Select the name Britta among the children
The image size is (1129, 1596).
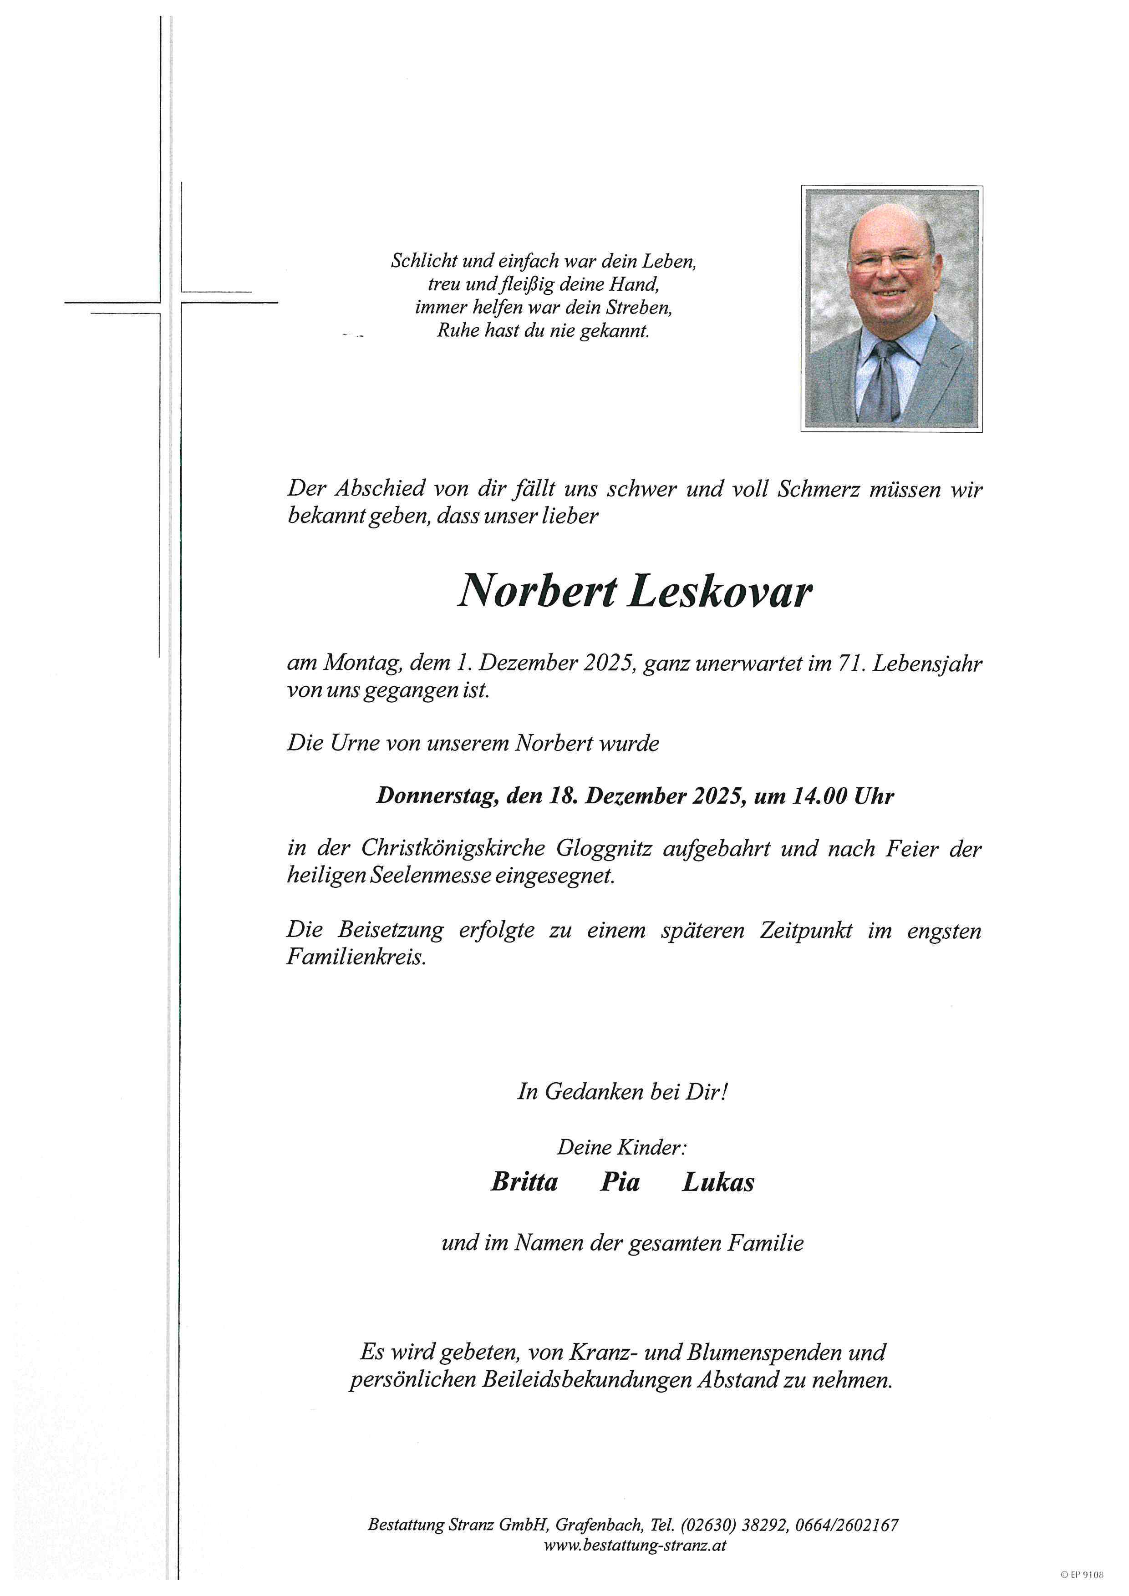(524, 1182)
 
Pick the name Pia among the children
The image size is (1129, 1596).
(620, 1182)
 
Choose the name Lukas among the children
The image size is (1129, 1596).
(717, 1182)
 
